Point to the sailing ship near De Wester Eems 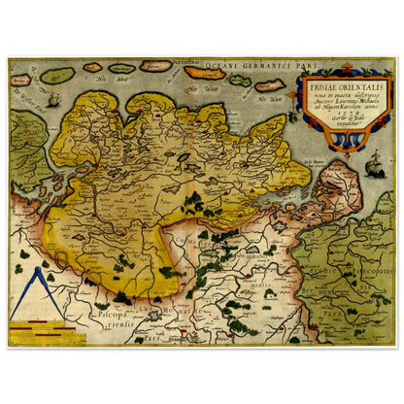[x=52, y=99]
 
